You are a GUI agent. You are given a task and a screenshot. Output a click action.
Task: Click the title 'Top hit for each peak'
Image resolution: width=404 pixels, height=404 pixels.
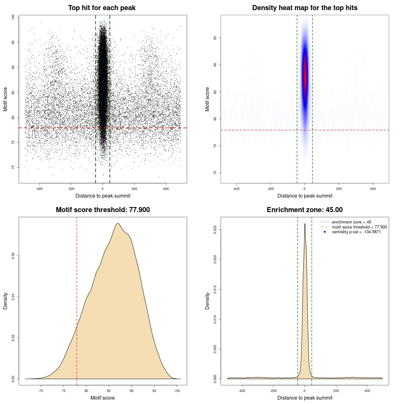(x=102, y=8)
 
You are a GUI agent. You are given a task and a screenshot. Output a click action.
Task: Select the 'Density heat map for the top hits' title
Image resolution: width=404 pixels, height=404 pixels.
(x=305, y=8)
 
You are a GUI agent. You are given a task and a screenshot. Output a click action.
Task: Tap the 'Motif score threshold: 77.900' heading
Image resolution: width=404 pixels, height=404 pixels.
(x=103, y=210)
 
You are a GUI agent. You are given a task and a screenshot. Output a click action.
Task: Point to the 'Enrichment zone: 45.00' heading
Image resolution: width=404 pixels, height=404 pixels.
(x=305, y=210)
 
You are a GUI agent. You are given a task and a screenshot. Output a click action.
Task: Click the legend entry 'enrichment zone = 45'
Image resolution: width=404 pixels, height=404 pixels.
(x=351, y=222)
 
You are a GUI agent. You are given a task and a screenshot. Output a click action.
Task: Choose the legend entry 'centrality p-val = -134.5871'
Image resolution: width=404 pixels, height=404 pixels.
(x=356, y=232)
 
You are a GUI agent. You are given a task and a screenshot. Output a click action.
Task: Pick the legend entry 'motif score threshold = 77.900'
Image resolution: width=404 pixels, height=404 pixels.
(x=359, y=227)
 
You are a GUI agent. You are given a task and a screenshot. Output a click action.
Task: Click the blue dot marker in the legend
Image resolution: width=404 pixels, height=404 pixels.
(x=325, y=232)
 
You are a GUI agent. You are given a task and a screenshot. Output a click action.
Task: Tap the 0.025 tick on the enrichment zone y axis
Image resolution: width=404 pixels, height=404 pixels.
(x=215, y=229)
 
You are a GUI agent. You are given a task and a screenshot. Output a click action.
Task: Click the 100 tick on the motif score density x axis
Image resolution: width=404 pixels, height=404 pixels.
(x=177, y=391)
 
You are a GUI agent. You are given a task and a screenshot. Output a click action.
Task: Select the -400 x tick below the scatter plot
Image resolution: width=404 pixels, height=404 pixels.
(x=39, y=189)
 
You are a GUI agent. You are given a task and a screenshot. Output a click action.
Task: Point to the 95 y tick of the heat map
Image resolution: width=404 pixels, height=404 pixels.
(x=215, y=38)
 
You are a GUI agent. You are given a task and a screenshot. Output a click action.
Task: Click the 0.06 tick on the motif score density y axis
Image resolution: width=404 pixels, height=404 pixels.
(x=13, y=256)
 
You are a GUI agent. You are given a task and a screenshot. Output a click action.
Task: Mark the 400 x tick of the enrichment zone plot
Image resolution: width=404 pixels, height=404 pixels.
(x=367, y=391)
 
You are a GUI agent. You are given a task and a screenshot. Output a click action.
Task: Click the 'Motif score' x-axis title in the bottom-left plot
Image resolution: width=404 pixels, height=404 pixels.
(x=103, y=398)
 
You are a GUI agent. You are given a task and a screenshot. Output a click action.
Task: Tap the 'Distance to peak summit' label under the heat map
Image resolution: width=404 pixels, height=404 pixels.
(x=305, y=196)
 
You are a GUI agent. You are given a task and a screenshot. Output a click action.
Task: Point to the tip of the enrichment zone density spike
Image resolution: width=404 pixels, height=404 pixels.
(x=305, y=224)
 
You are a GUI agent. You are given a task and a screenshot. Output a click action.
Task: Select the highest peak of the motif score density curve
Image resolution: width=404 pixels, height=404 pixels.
(x=118, y=223)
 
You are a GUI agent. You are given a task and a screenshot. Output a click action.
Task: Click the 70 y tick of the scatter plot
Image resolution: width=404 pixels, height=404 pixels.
(x=13, y=167)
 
